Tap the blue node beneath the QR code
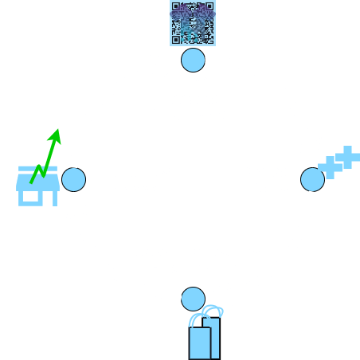(193, 60)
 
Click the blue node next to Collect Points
(311, 179)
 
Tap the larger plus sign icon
(328, 168)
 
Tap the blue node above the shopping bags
(193, 299)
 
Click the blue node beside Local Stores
(73, 180)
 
